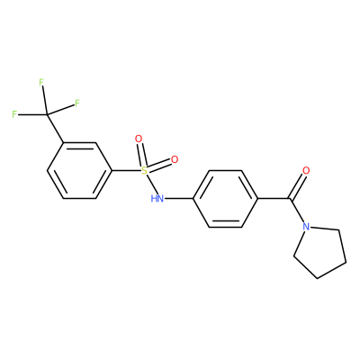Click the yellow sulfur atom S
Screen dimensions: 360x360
point(144,171)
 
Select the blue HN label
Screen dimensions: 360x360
point(157,198)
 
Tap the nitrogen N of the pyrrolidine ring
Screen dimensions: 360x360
point(306,227)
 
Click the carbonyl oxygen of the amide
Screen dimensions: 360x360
point(306,171)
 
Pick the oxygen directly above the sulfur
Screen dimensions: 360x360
point(139,139)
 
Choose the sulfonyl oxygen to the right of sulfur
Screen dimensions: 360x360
point(175,159)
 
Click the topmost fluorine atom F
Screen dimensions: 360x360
point(41,83)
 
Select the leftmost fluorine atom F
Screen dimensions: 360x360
point(14,114)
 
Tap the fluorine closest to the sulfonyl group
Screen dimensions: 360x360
point(77,103)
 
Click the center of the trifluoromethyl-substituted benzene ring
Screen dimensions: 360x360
point(79,171)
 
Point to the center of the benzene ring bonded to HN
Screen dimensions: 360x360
point(225,199)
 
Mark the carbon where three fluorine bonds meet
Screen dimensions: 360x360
point(47,114)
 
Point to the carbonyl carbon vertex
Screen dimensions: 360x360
point(290,199)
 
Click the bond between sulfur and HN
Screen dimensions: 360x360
point(151,184)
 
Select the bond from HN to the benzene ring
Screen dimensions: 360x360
point(178,199)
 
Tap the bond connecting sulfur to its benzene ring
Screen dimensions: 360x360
point(126,171)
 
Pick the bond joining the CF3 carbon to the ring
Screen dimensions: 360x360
point(55,129)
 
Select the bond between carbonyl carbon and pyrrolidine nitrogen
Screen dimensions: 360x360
point(297,211)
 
